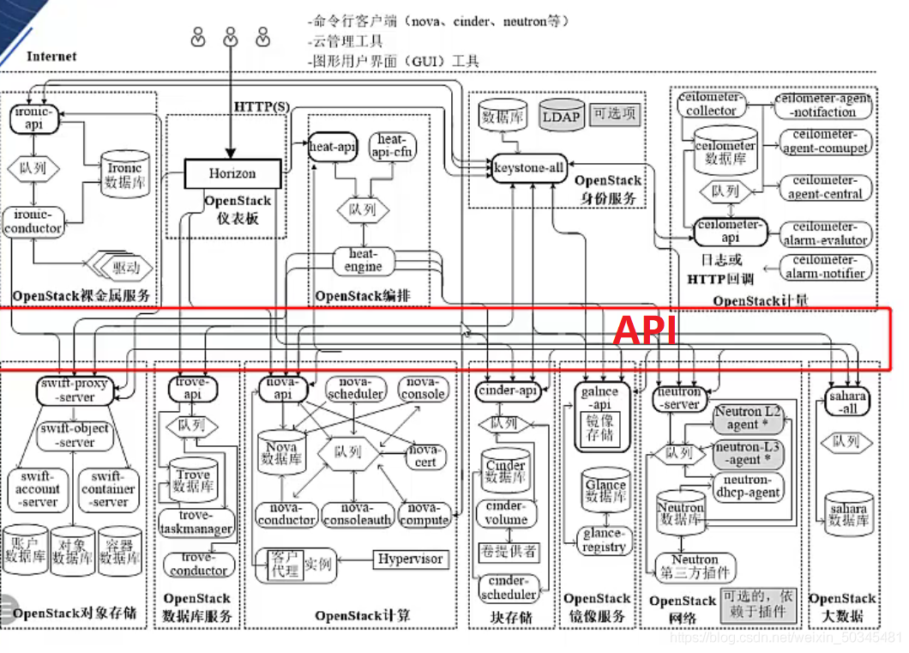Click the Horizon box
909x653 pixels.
coord(232,173)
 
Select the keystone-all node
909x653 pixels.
coord(529,168)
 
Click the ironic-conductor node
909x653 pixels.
coord(33,221)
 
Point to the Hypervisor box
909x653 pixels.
coord(411,559)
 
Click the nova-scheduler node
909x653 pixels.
coord(354,388)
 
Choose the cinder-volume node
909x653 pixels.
coord(505,513)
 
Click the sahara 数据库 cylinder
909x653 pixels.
coord(847,513)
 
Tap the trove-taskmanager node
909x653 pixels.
coord(196,523)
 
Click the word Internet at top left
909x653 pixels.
coord(51,57)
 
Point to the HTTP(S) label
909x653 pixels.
coord(262,106)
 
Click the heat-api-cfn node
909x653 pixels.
coord(391,146)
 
